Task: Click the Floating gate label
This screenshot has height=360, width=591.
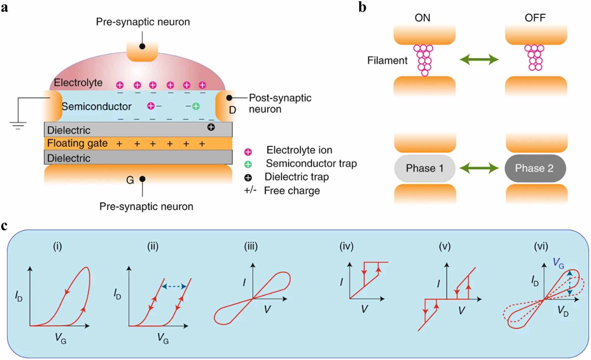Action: click(77, 143)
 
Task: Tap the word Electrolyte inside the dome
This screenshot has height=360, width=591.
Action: click(78, 83)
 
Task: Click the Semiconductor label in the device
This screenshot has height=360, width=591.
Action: click(96, 107)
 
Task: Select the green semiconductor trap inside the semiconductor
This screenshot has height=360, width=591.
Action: click(196, 106)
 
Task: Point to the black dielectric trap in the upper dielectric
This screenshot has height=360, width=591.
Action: click(211, 127)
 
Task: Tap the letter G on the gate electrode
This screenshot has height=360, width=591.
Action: click(130, 180)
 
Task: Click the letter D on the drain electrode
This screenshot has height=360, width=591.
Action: click(232, 110)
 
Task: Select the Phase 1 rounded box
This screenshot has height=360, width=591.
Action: click(424, 168)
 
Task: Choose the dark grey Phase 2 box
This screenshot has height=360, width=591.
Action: click(534, 168)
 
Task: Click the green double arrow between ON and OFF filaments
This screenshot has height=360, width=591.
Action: click(479, 60)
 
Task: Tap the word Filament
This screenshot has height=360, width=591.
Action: click(387, 61)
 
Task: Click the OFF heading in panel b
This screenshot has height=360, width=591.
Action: click(535, 18)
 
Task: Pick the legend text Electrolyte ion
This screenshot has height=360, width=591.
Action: click(299, 150)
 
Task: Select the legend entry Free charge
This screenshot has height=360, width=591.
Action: click(292, 191)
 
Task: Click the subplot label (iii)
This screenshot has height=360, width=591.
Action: click(251, 246)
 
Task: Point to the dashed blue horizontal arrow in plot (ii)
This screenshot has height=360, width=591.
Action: click(174, 286)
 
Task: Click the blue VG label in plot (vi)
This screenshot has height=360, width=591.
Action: click(558, 263)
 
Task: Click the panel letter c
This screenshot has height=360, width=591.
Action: click(4, 226)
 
